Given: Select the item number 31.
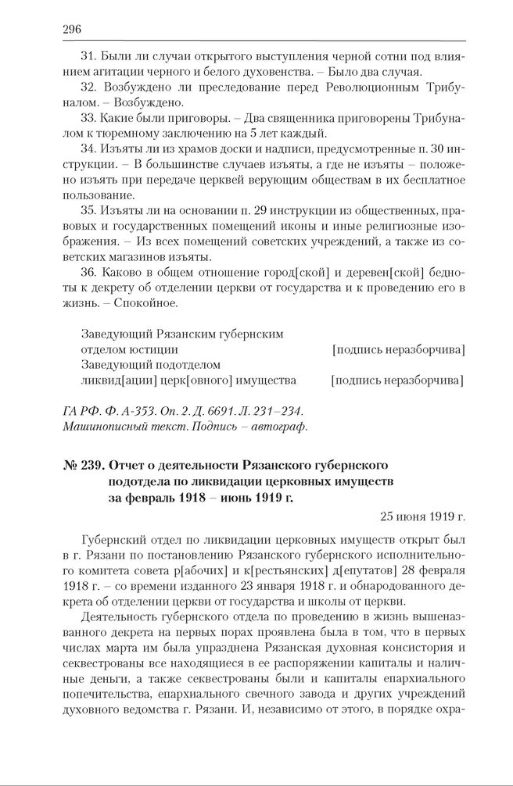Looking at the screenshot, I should tap(88, 58).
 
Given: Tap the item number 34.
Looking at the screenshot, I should tap(88, 147).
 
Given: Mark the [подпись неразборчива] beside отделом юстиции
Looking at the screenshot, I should tap(398, 349).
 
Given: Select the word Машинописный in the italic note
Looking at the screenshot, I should tap(102, 427).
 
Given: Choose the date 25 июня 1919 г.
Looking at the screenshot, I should tap(422, 516).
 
